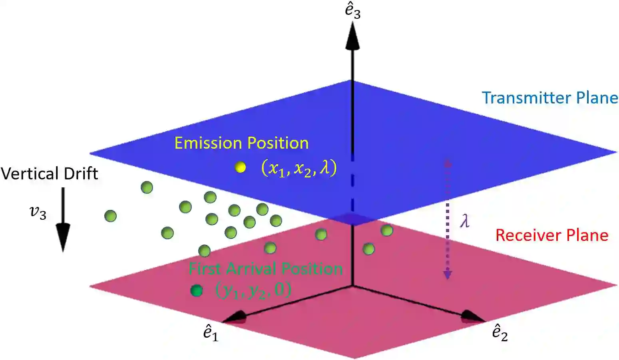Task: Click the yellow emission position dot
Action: click(x=240, y=167)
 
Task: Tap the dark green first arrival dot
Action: click(x=196, y=290)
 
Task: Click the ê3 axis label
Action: click(x=352, y=11)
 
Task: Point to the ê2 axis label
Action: click(x=500, y=333)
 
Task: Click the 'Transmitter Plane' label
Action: click(x=550, y=98)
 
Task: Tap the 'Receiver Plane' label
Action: click(x=551, y=235)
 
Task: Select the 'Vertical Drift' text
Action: click(x=49, y=174)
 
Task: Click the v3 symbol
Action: click(x=38, y=212)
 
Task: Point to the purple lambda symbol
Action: click(x=464, y=221)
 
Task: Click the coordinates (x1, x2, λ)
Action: click(x=299, y=168)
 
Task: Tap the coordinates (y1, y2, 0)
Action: click(x=253, y=290)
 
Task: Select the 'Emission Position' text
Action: click(x=241, y=143)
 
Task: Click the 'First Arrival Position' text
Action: click(x=265, y=269)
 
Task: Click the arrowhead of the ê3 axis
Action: click(x=352, y=36)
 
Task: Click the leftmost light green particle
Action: click(x=110, y=216)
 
